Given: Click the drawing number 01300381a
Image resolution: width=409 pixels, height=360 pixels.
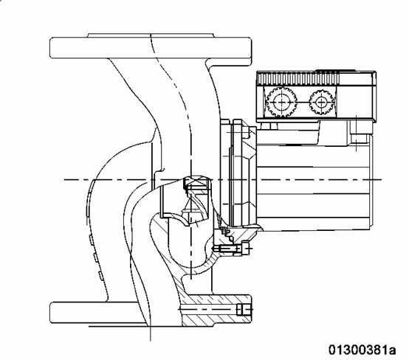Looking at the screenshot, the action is [362, 350].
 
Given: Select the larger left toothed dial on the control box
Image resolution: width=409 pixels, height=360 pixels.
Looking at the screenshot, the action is [282, 103].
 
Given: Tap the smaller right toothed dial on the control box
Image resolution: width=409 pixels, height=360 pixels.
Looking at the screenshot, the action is [321, 103].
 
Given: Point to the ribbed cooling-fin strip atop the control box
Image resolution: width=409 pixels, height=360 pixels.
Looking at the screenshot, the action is [298, 78].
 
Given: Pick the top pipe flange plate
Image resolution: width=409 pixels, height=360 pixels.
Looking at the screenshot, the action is [151, 48].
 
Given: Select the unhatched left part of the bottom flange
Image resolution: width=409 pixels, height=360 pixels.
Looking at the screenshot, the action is [97, 313].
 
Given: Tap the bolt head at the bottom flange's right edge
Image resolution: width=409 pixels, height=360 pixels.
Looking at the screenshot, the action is [244, 310].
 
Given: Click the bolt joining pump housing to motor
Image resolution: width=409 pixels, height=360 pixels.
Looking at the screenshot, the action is [230, 249].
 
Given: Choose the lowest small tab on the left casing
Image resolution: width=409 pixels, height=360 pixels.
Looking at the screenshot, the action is [100, 276].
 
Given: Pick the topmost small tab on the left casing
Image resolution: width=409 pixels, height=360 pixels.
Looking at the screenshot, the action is [91, 240].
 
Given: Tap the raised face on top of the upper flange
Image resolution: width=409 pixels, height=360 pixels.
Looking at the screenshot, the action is [151, 35].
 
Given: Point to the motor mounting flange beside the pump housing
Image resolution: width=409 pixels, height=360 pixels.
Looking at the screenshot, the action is [238, 172].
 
